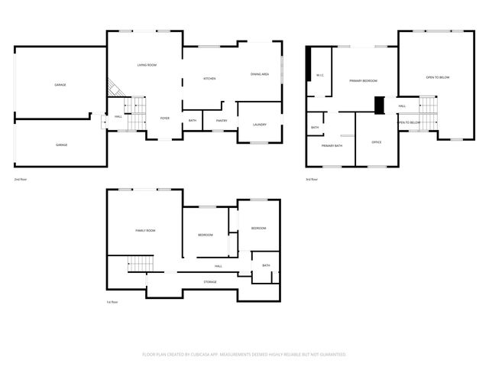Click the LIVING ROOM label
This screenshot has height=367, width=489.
(147, 65)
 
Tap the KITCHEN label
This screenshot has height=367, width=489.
(209, 79)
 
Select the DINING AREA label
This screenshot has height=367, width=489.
(260, 74)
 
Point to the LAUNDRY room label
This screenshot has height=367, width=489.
(259, 124)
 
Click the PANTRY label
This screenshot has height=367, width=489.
(222, 120)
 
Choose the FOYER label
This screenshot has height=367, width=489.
(164, 119)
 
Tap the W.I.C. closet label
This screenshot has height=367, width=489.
(321, 75)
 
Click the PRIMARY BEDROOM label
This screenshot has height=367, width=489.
(364, 80)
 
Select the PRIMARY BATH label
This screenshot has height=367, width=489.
(332, 145)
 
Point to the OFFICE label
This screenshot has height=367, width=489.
(376, 142)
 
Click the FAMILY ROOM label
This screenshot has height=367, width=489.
(145, 230)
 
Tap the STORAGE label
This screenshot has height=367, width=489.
(209, 282)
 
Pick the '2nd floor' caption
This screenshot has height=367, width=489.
(21, 179)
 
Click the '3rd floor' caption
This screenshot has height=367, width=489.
(311, 179)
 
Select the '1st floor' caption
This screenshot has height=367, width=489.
(112, 302)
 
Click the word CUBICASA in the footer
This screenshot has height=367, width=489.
(207, 354)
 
